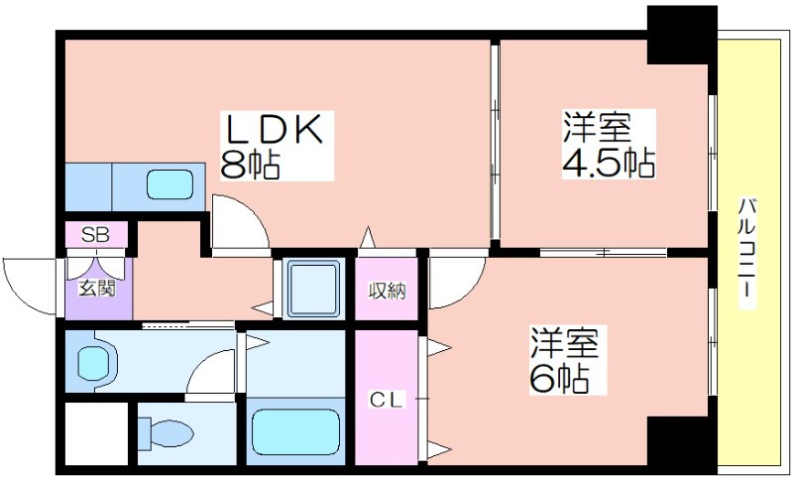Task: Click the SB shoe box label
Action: [x=95, y=235]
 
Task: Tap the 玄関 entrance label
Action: [x=96, y=289]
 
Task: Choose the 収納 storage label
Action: [x=387, y=291]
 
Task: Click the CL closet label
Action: [x=387, y=401]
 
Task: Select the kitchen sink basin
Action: [x=170, y=184]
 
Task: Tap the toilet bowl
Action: [x=166, y=433]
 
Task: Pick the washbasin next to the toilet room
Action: [x=97, y=362]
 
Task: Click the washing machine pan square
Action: [x=313, y=289]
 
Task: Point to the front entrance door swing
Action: [x=32, y=288]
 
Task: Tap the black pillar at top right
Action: [x=682, y=35]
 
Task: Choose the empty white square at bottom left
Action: [x=96, y=433]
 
